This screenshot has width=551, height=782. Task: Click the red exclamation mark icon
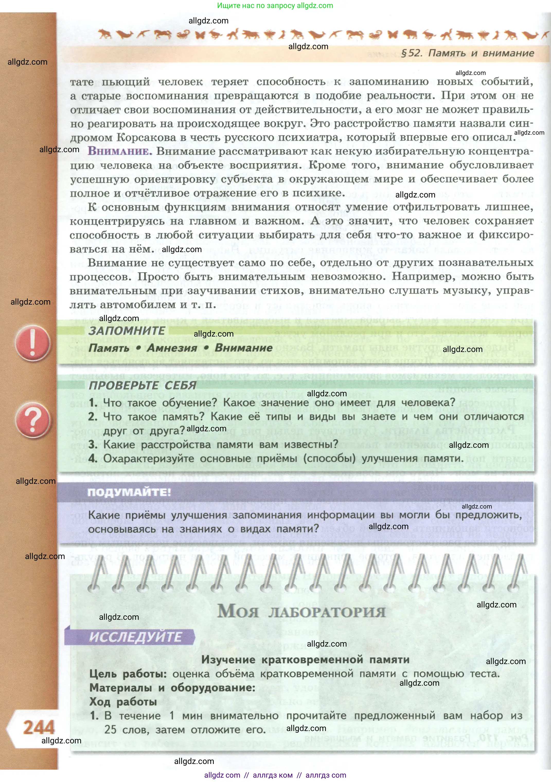(33, 343)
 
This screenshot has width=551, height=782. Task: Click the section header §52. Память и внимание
(468, 53)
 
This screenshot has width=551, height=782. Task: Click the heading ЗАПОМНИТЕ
(127, 330)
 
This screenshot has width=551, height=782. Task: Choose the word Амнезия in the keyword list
(172, 348)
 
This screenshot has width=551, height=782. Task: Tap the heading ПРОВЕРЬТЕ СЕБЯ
(143, 385)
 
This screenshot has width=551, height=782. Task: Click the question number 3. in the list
(93, 444)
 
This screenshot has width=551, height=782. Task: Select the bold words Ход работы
(123, 702)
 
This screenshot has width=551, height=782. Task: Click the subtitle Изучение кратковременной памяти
(305, 659)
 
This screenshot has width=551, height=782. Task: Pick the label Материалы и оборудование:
(172, 688)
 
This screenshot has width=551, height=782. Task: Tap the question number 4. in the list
(93, 458)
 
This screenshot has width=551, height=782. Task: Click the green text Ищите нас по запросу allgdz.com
(275, 5)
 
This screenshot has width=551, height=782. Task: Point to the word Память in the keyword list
(109, 348)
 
